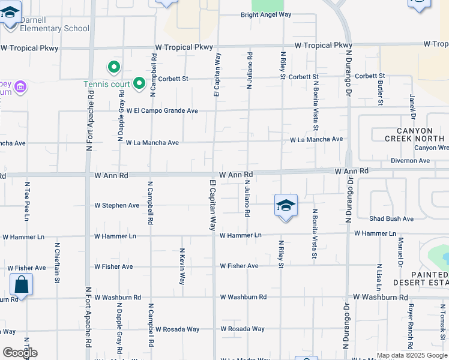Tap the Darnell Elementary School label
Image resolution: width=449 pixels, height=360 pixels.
pyautogui.click(x=54, y=24)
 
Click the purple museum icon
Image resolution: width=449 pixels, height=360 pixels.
pyautogui.click(x=21, y=88)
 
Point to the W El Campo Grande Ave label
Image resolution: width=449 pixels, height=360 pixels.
pyautogui.click(x=161, y=111)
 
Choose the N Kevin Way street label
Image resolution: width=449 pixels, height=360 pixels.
pyautogui.click(x=182, y=266)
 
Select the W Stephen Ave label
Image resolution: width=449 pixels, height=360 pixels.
pyautogui.click(x=117, y=205)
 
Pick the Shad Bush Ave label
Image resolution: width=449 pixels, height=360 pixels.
pyautogui.click(x=391, y=219)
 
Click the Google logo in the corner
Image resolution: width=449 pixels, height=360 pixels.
pyautogui.click(x=20, y=353)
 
